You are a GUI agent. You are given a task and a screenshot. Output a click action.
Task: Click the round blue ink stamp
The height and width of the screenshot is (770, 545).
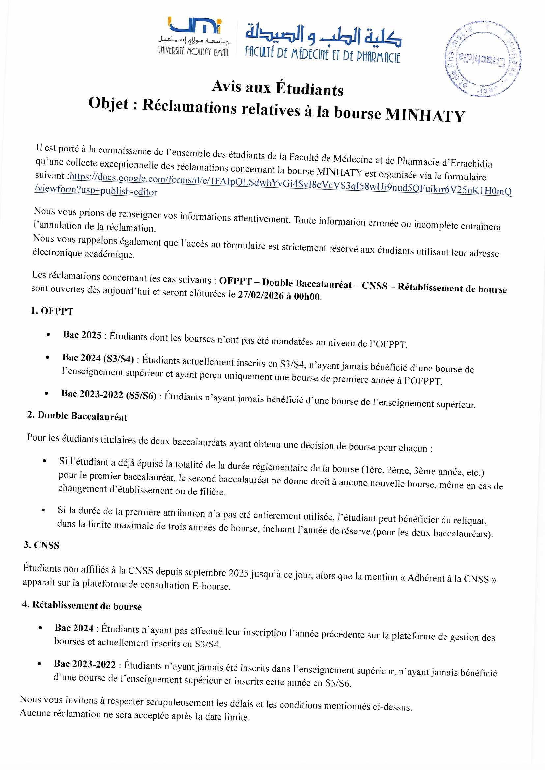(x=483, y=59)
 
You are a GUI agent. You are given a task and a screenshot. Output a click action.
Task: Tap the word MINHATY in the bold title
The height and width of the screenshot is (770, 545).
(x=425, y=115)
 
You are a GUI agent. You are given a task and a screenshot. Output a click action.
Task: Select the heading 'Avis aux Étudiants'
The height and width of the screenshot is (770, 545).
(x=277, y=88)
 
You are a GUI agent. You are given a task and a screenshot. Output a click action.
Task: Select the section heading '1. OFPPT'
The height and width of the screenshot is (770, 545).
(x=52, y=311)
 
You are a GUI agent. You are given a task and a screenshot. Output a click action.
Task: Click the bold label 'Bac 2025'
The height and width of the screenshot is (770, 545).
(x=82, y=335)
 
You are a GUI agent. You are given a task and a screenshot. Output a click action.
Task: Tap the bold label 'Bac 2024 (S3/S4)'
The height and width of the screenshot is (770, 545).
(x=98, y=358)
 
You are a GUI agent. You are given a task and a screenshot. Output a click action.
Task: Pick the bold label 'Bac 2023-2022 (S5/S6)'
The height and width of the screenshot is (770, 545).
(x=109, y=395)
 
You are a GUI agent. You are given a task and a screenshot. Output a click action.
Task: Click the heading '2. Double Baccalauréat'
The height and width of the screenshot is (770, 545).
(x=77, y=416)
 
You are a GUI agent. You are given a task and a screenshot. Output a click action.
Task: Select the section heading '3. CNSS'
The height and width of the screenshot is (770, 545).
(x=41, y=545)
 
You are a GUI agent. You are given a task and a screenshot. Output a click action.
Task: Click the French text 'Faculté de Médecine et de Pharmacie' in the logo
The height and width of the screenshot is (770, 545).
(x=323, y=55)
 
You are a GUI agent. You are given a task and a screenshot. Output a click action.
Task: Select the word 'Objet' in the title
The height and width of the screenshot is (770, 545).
(x=108, y=104)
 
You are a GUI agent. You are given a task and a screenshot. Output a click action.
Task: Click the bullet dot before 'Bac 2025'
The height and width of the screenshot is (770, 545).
(x=49, y=334)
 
